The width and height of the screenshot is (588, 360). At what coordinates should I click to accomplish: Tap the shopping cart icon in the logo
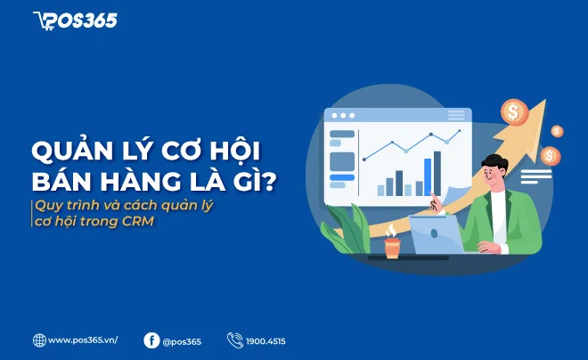tap(43, 20)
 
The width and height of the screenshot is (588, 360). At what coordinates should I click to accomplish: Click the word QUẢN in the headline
tap(72, 150)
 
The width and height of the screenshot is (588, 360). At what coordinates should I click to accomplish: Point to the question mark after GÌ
tap(268, 180)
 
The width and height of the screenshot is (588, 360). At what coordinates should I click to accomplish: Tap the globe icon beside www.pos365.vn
tap(39, 340)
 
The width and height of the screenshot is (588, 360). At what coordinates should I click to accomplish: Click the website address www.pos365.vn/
tap(83, 340)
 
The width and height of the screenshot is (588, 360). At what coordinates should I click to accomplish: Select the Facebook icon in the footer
tap(151, 340)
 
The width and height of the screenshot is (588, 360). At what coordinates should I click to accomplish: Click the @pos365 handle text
tap(183, 340)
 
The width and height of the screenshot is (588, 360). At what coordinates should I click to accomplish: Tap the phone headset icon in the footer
tap(235, 340)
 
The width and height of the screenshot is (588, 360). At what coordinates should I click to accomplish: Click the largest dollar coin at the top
tap(513, 111)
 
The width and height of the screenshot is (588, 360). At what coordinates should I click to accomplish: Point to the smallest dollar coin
tap(557, 131)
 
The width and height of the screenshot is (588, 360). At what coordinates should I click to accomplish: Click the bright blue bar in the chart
tap(428, 176)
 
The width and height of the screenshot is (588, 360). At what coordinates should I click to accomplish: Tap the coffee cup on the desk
tap(392, 247)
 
